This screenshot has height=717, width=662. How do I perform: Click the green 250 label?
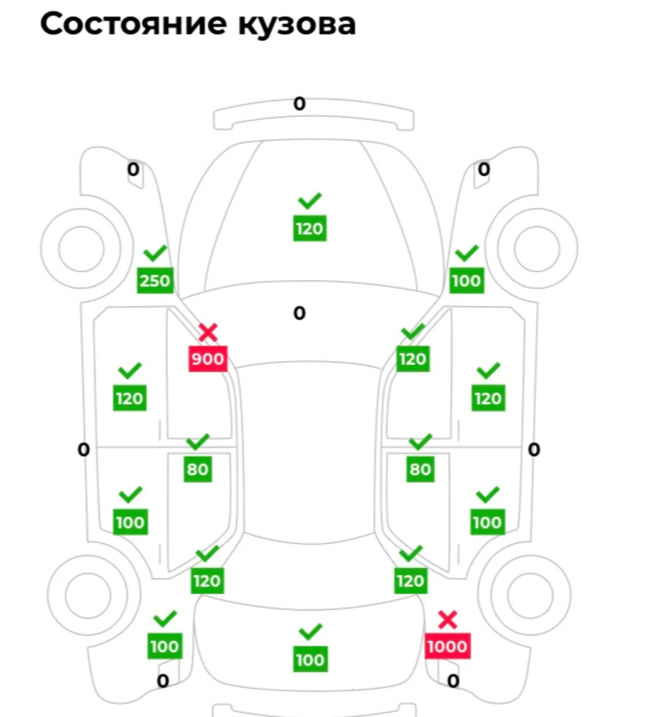155,281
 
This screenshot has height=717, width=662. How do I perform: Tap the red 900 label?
208,358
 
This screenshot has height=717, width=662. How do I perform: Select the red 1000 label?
447,646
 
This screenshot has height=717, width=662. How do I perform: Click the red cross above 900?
208,333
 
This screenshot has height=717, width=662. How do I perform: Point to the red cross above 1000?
447,620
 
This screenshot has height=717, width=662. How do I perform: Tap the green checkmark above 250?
155,253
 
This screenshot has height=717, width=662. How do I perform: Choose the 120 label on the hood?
309,228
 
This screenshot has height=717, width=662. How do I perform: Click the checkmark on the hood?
309,201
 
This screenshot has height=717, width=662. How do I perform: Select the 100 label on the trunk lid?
310,660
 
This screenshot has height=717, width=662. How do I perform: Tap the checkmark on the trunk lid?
310,632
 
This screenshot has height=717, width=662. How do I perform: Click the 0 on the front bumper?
299,104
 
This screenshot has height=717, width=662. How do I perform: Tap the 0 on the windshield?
299,313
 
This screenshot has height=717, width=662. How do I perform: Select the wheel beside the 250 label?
82,249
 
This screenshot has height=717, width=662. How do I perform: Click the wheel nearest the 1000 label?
531,595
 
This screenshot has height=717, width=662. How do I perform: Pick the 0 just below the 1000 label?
453,681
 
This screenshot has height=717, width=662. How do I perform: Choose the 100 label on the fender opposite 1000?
165,646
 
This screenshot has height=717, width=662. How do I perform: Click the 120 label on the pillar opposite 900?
413,358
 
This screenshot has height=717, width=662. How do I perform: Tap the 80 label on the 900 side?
198,469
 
